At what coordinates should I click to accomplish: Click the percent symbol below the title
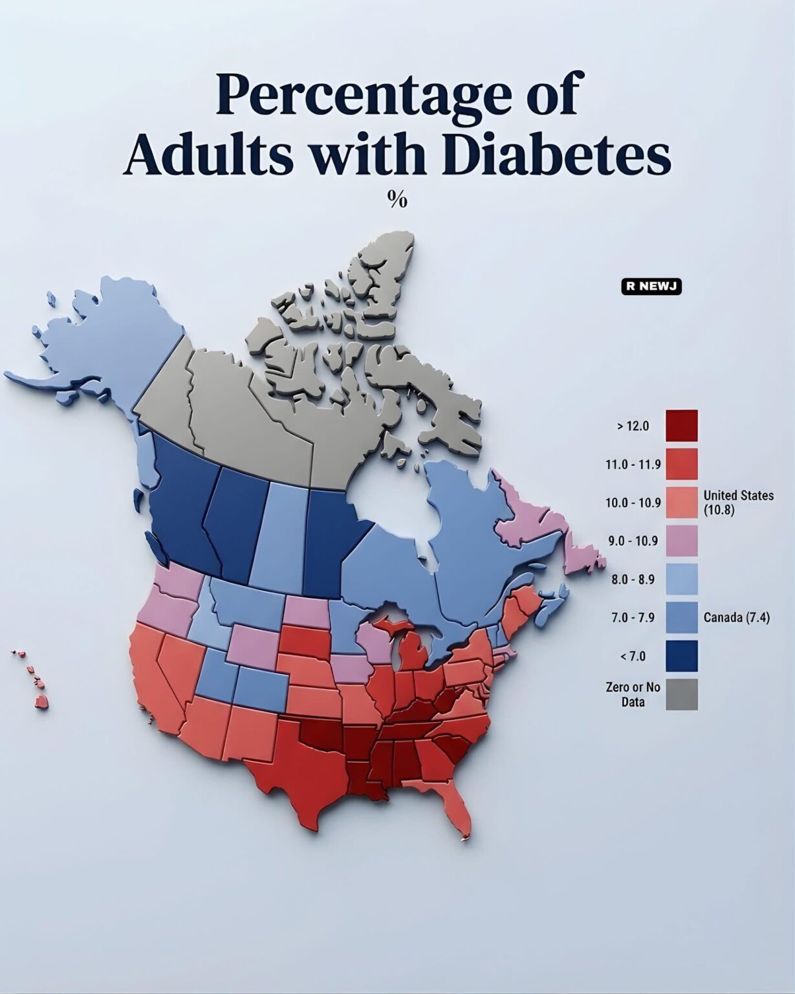tap(397, 200)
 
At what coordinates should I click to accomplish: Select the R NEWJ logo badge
tap(651, 287)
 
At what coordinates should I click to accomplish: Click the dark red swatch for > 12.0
tap(682, 425)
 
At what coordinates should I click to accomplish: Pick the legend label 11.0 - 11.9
tap(633, 464)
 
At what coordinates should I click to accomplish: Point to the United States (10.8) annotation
tap(737, 502)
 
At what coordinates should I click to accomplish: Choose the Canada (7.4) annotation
tap(736, 617)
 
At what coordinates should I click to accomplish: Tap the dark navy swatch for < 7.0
tap(682, 656)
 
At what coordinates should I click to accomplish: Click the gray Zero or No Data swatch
tap(682, 694)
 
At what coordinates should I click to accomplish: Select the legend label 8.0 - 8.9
tap(633, 579)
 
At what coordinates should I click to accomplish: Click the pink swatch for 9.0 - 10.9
tap(682, 541)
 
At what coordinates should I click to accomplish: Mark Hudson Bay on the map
tap(388, 505)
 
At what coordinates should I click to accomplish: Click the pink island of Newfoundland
tap(582, 557)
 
